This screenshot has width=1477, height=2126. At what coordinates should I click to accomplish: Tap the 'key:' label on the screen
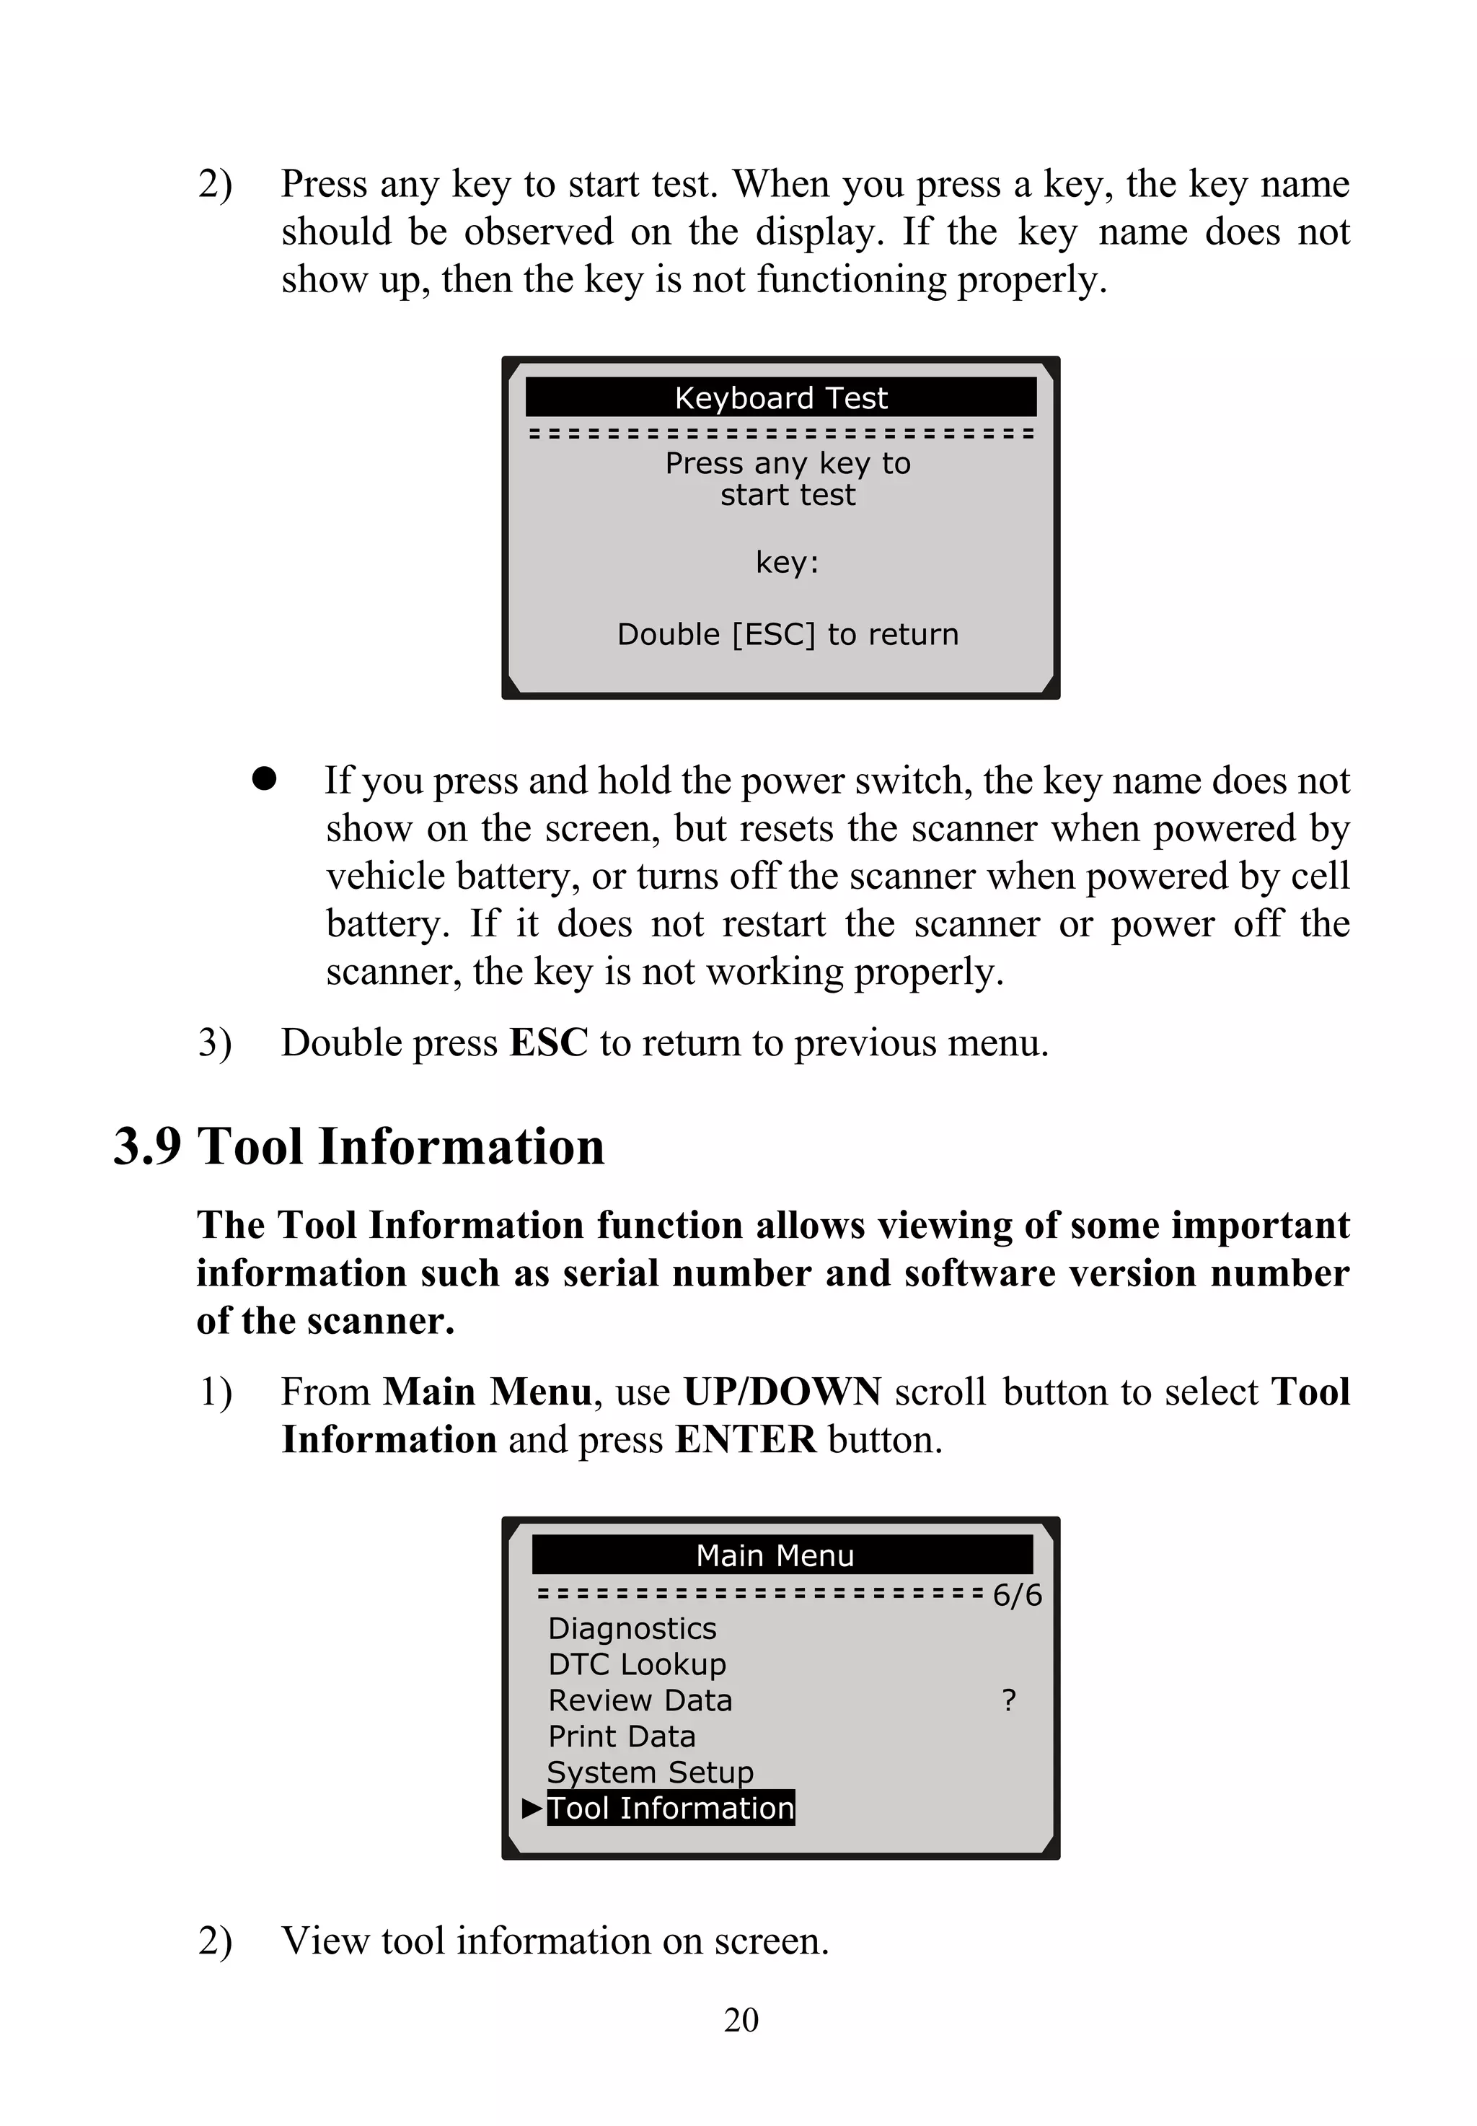pos(787,562)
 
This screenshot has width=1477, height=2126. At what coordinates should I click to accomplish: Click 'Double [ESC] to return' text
pos(788,634)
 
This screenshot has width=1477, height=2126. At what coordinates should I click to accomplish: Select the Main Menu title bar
pos(781,1555)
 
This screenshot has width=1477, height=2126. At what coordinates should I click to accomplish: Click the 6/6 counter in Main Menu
pos(1016,1595)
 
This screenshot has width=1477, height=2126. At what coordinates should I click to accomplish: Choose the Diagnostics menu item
pos(632,1628)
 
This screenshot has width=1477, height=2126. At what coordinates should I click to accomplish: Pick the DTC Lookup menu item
pos(637,1664)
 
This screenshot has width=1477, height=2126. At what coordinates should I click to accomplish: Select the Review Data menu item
pos(640,1700)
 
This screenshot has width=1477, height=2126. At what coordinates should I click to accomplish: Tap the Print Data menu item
pos(621,1736)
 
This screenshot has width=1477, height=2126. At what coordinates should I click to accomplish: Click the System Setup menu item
pos(650,1772)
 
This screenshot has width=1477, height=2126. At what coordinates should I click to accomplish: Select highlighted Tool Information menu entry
pos(670,1808)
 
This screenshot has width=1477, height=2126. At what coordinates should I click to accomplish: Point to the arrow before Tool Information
pos(532,1808)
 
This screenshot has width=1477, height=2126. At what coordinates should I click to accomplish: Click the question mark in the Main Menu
pos(1009,1700)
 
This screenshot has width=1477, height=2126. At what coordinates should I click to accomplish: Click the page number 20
pos(741,2019)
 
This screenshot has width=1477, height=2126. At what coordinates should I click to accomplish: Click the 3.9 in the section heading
pos(147,1146)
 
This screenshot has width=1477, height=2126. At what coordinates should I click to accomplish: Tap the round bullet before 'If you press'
pos(264,778)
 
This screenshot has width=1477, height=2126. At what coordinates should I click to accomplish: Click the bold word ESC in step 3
pos(549,1042)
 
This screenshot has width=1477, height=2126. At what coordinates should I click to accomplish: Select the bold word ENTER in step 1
pos(745,1440)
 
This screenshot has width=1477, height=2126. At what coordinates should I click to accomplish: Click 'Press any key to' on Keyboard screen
pos(788,462)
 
